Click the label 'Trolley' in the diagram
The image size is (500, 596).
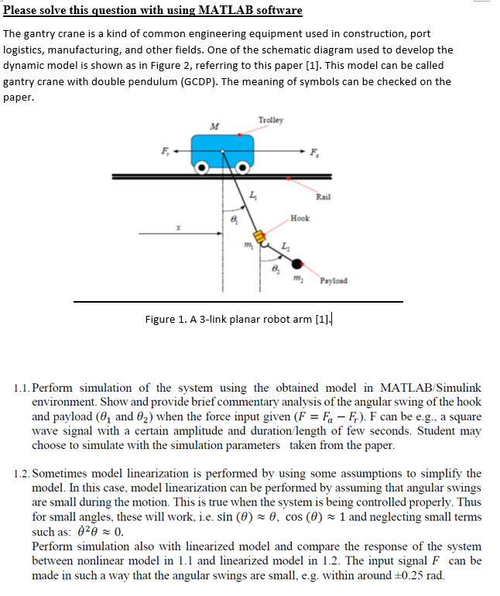click(x=271, y=120)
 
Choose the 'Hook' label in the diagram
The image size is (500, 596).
click(x=300, y=218)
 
